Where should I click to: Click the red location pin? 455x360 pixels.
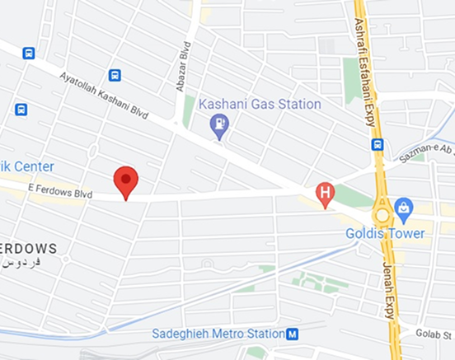click(x=125, y=180)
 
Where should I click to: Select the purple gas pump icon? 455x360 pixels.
click(x=219, y=126)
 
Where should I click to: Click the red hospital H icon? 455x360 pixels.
click(x=326, y=195)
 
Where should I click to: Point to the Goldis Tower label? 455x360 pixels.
click(x=386, y=233)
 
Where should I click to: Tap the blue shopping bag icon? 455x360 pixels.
click(x=403, y=207)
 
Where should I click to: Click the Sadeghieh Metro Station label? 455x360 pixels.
click(x=218, y=334)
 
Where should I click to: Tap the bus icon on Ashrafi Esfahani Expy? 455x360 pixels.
click(x=378, y=144)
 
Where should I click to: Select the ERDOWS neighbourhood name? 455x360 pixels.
click(x=28, y=247)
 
